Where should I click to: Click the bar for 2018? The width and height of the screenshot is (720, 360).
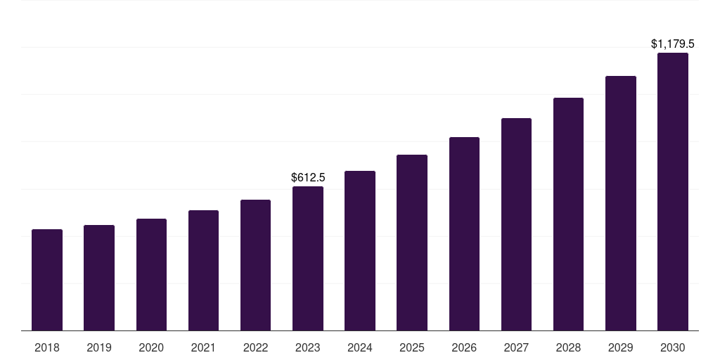[x=47, y=280]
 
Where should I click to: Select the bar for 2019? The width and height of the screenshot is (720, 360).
[x=99, y=278]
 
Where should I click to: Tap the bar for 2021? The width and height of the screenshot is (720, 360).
[x=203, y=271]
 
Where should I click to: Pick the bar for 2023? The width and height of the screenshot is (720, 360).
[x=308, y=259]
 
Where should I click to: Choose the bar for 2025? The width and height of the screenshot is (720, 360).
[x=412, y=243]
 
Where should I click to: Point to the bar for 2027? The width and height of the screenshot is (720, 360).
[x=516, y=224]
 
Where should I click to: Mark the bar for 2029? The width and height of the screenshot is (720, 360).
[x=621, y=203]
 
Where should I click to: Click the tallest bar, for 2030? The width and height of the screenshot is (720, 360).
[x=673, y=192]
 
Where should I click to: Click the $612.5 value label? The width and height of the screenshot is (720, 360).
[x=308, y=178]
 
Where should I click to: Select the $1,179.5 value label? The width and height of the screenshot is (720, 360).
[x=673, y=44]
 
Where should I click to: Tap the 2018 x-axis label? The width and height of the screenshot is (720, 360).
[x=47, y=347]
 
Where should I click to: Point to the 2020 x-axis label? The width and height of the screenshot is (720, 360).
[x=151, y=347]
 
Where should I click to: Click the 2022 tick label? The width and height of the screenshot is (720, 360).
[x=256, y=347]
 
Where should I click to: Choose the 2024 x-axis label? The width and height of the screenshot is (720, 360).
[x=360, y=347]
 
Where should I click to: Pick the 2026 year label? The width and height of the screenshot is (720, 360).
[x=464, y=347]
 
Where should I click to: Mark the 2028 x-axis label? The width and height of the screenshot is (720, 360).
[x=568, y=347]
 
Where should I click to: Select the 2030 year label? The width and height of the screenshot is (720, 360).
[x=673, y=347]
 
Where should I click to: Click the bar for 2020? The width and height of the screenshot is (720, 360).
[x=151, y=275]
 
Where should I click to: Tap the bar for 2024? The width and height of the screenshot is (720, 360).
[x=360, y=251]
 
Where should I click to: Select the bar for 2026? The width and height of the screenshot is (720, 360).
[x=464, y=234]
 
